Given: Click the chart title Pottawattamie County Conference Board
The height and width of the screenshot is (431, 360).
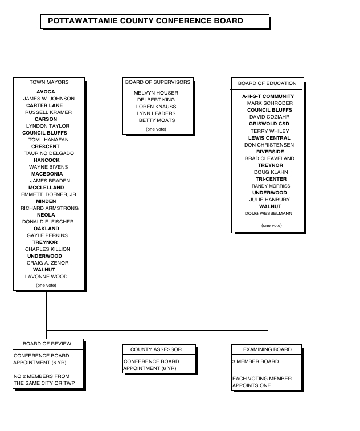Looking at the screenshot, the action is [x=145, y=21].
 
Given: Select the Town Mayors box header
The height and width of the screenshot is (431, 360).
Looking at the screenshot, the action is [x=49, y=82].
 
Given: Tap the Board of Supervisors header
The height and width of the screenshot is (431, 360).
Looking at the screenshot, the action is [x=158, y=82].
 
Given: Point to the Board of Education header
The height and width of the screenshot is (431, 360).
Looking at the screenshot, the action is [x=267, y=83].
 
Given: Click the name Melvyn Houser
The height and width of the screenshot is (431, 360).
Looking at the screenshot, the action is [x=156, y=93].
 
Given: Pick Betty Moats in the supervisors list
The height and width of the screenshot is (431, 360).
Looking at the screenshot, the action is [x=157, y=120].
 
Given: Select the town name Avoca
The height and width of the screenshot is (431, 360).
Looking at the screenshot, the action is [x=46, y=92].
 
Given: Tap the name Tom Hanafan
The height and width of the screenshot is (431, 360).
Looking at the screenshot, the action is [x=48, y=140].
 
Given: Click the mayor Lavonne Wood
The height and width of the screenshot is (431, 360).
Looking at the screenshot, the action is [x=46, y=277].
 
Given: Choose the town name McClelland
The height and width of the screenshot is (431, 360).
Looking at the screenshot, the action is [x=46, y=188].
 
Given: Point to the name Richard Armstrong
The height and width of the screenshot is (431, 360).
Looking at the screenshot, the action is [x=50, y=208].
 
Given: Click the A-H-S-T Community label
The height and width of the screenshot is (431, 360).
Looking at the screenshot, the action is [x=268, y=96].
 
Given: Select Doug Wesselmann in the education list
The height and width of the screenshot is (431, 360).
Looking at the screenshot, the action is [x=268, y=213].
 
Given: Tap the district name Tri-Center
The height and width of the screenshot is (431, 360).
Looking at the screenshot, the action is [x=271, y=179].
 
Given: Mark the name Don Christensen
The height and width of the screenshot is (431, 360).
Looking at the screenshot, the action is [x=269, y=145].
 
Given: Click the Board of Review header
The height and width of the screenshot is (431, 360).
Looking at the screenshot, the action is [x=47, y=344].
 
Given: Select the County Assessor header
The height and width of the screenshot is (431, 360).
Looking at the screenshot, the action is [x=156, y=349].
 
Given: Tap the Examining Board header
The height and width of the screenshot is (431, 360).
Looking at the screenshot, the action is [x=267, y=349].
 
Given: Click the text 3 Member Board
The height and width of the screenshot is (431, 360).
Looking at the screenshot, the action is [x=255, y=361].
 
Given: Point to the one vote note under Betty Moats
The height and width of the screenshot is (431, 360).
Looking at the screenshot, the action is [x=156, y=129].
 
